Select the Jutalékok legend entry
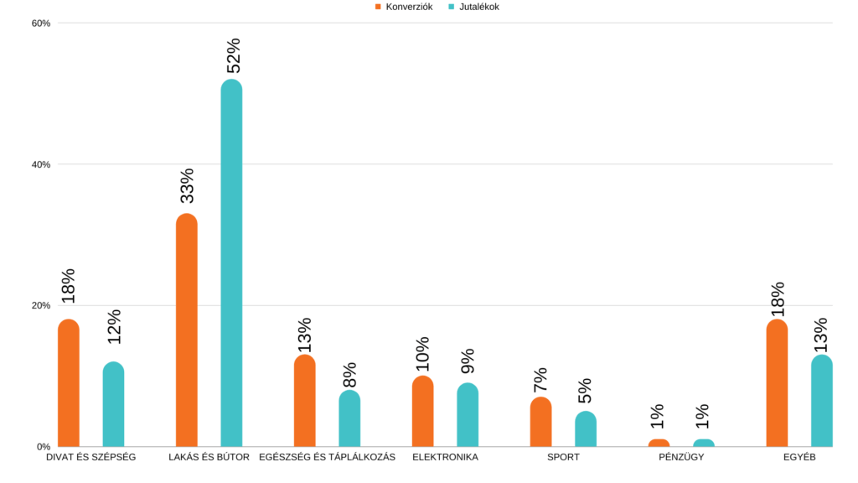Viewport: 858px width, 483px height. [473, 7]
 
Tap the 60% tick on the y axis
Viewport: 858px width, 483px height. [41, 23]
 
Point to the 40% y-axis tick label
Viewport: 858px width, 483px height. [41, 164]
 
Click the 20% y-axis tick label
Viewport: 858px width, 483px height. [41, 305]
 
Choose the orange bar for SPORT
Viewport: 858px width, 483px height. [541, 421]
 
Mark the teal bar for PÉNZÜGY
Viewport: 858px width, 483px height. [704, 442]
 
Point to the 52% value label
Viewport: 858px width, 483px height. [233, 55]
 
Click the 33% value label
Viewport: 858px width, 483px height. [187, 186]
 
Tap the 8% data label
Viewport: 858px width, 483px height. [349, 375]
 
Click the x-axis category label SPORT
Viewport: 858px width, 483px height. [563, 458]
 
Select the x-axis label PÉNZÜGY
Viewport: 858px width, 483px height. [681, 458]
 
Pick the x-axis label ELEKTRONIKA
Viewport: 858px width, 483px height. [445, 458]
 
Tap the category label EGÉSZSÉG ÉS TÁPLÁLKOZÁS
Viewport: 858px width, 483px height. [327, 458]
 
